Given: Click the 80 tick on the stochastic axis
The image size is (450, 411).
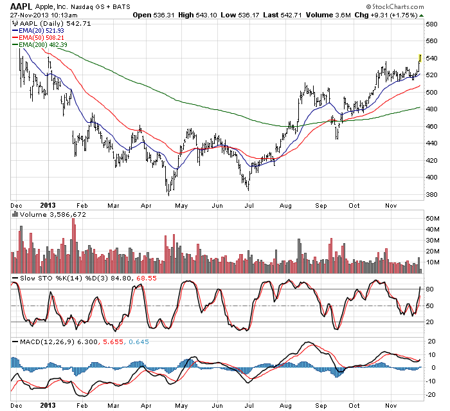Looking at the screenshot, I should tap(429, 289).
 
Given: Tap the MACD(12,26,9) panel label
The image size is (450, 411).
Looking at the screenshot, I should tap(45, 340).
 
